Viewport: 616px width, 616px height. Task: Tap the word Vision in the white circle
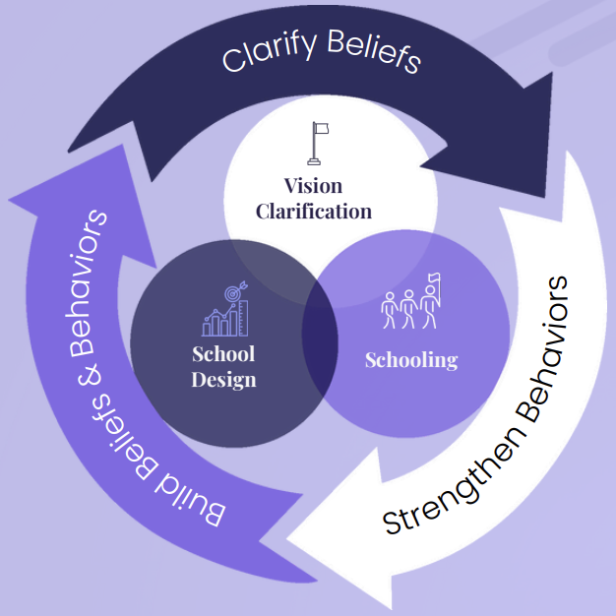click(313, 186)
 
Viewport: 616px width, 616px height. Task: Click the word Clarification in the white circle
click(313, 211)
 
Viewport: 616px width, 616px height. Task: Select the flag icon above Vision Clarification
click(317, 144)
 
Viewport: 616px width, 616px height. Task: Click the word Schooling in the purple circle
click(410, 359)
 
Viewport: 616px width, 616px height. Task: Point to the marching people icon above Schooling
click(409, 308)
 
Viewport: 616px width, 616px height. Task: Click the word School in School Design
click(223, 354)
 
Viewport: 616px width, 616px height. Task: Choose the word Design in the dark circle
click(223, 379)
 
